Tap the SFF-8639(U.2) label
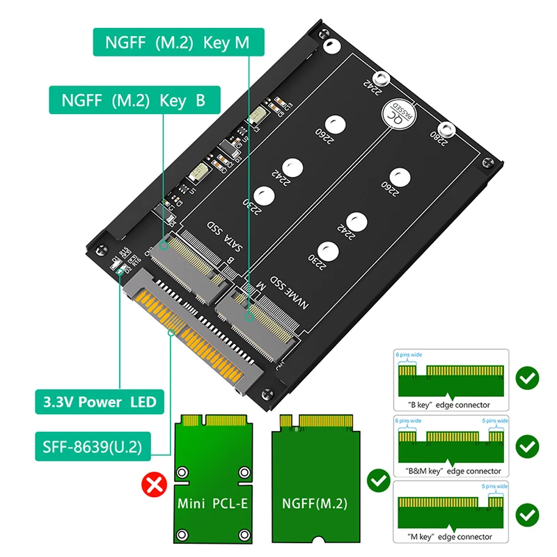coord(88,447)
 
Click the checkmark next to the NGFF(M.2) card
coord(378,480)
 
